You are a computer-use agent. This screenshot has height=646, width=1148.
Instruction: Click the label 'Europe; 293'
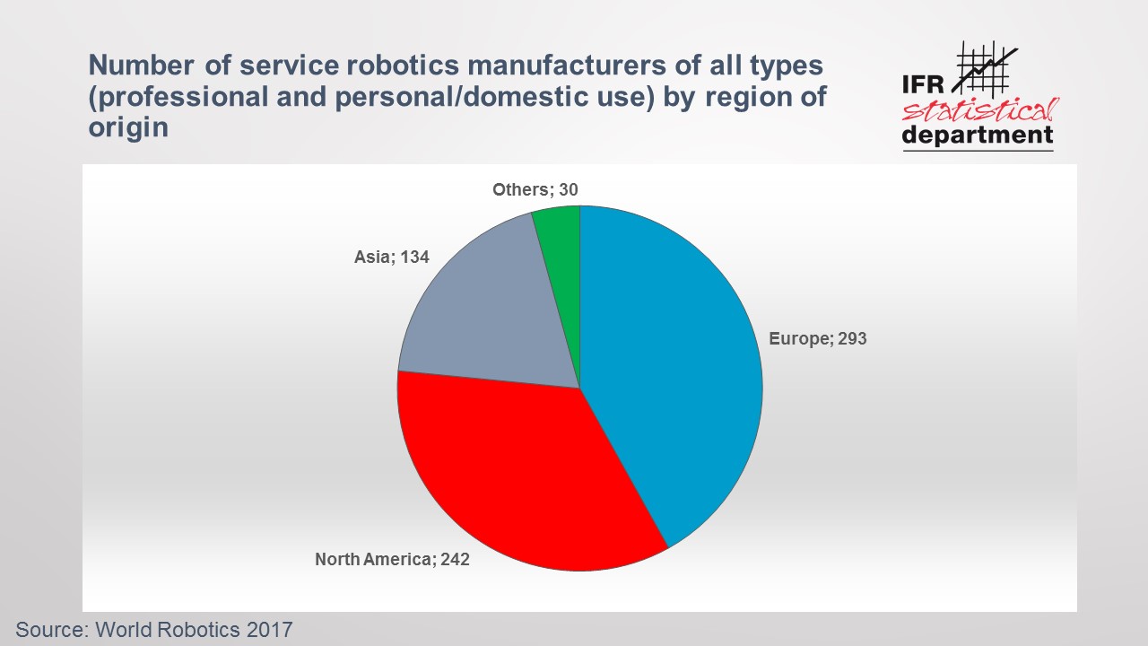[818, 339]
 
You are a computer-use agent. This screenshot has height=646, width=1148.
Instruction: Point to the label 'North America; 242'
[392, 560]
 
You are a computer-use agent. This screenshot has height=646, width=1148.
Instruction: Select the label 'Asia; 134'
[392, 258]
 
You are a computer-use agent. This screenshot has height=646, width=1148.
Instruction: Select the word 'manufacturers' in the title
[559, 65]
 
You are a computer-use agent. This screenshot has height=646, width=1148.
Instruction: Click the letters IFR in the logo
[925, 85]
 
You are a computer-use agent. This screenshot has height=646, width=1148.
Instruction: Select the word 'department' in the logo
[978, 136]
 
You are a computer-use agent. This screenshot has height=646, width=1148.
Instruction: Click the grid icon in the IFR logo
[984, 66]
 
